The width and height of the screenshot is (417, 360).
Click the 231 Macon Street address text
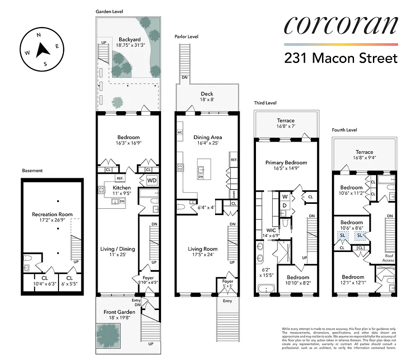[341, 58]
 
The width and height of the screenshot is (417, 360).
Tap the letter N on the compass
[39, 35]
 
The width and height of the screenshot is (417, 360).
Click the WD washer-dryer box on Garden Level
[152, 180]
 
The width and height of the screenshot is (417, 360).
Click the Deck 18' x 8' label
[207, 97]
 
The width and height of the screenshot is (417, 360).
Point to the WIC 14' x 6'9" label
[270, 233]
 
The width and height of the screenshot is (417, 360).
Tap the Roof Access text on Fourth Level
[388, 258]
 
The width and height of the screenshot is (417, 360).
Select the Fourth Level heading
[344, 130]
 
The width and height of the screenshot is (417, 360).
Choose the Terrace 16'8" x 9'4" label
[364, 155]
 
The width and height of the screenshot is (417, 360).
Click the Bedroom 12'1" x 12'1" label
[353, 280]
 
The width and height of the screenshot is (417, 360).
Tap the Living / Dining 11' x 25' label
[118, 252]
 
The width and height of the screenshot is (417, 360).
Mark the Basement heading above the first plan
[32, 171]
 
